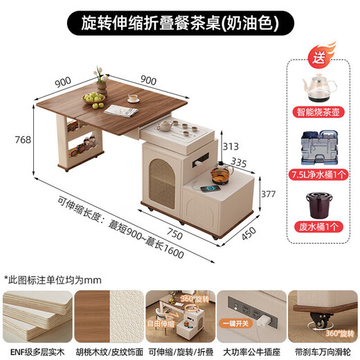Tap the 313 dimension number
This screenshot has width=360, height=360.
click(x=231, y=146)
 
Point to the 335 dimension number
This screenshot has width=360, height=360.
click(x=240, y=163)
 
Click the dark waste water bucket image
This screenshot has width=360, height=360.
click(x=320, y=206)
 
